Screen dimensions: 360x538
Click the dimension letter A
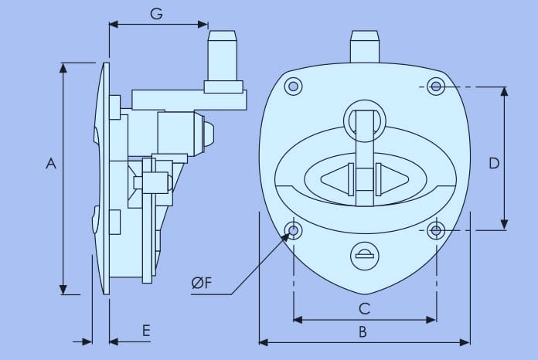click(51, 163)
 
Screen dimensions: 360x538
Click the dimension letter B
click(363, 332)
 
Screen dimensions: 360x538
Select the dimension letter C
click(365, 309)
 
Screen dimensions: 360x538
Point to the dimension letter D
click(495, 163)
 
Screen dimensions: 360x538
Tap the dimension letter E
click(145, 331)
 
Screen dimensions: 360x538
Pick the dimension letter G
click(156, 14)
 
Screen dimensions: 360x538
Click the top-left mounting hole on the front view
click(293, 86)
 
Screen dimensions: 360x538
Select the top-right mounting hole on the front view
click(437, 86)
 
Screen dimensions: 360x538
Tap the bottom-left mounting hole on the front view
click(294, 230)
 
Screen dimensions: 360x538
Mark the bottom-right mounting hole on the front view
click(437, 230)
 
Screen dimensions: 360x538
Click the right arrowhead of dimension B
click(465, 341)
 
